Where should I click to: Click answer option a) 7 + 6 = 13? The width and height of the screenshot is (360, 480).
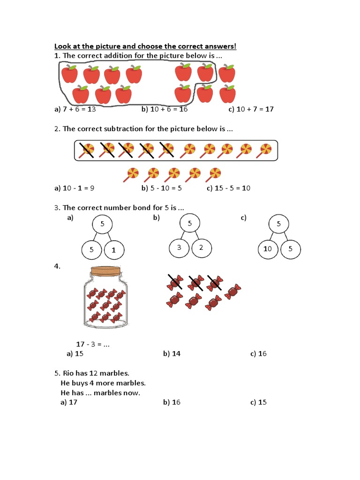click(x=75, y=109)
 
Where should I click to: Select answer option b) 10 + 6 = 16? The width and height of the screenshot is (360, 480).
click(x=164, y=109)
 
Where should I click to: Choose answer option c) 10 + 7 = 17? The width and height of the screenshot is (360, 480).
click(x=251, y=109)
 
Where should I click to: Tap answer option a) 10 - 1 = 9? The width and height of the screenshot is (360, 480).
click(x=75, y=188)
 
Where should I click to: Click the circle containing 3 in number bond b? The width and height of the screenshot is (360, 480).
click(x=179, y=248)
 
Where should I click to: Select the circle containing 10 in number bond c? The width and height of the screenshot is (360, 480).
click(x=267, y=249)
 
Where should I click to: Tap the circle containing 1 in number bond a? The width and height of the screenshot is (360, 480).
click(x=113, y=250)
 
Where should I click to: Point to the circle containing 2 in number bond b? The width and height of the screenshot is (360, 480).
click(x=201, y=248)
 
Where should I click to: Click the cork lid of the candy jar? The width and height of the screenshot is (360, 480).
click(x=105, y=271)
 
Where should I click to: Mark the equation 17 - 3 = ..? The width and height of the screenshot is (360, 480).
click(x=92, y=344)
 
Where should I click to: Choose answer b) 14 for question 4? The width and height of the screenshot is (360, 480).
click(x=172, y=353)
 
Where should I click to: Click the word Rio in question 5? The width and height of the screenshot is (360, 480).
click(x=69, y=374)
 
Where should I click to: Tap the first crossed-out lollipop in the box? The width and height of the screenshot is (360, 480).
click(x=86, y=150)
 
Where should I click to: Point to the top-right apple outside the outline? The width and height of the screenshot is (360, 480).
click(x=227, y=74)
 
